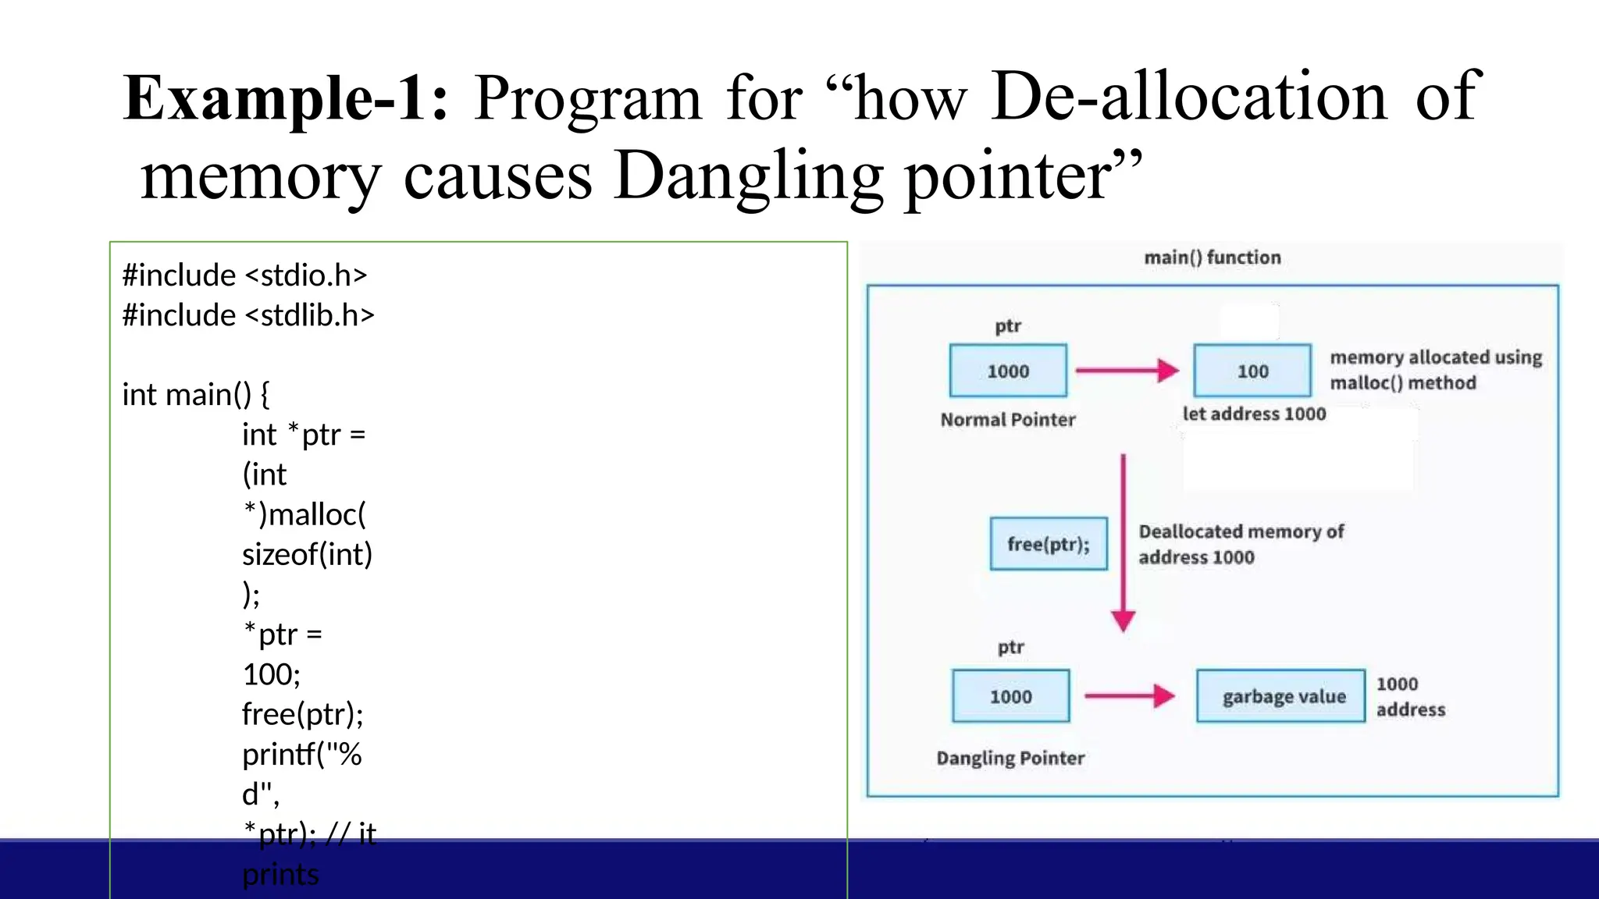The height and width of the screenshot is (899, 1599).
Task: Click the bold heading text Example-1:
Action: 286,99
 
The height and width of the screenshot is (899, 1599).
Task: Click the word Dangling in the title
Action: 747,177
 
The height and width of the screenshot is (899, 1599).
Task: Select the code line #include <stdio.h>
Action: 244,275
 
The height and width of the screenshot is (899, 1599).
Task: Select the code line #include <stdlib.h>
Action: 248,315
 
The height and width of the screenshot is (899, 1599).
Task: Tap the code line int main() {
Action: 196,395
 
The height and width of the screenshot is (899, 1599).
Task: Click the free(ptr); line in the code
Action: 303,714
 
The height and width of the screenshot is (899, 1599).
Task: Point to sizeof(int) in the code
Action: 308,555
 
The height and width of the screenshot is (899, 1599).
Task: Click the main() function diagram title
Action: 1212,258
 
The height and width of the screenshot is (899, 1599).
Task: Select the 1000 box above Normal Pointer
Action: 1008,371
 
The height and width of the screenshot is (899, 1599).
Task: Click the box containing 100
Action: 1252,371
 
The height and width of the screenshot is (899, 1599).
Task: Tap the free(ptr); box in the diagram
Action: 1049,544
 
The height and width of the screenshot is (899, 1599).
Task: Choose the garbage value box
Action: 1281,696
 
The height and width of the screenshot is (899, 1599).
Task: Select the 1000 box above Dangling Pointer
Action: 1010,696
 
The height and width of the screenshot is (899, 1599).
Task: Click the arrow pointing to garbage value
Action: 1130,695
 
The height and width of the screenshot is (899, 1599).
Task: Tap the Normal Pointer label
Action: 1008,420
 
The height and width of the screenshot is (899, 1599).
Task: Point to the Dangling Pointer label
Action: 1010,758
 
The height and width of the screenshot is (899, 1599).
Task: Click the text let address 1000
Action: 1254,414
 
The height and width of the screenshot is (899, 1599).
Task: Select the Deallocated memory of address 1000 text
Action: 1240,544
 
